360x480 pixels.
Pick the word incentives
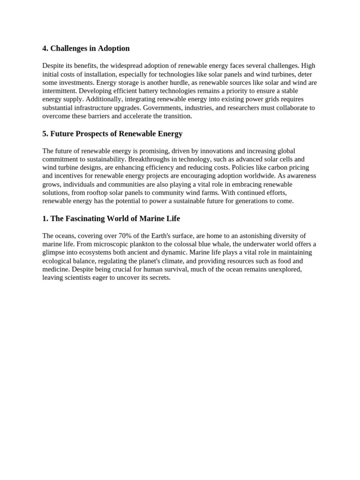[71, 176]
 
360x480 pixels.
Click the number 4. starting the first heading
[45, 49]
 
